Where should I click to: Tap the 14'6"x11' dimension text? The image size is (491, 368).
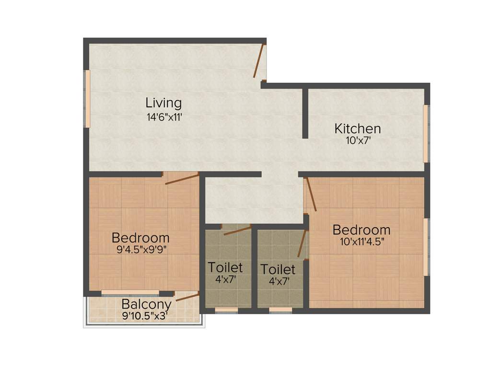164,117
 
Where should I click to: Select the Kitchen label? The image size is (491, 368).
358,128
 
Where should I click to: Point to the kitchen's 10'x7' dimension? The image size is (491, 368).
358,141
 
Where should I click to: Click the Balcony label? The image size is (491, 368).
146,304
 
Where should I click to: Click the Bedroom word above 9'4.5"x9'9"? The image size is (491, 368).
140,238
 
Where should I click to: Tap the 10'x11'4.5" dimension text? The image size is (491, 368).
362,242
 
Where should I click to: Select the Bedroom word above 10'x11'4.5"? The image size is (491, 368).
362,230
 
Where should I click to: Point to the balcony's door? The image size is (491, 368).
187,297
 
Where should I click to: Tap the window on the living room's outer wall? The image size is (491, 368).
88,99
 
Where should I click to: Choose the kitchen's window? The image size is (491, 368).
426,133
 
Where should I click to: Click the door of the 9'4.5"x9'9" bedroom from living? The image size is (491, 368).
181,179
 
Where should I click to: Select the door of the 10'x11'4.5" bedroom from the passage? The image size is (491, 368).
311,194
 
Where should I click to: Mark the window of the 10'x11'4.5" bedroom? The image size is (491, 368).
426,247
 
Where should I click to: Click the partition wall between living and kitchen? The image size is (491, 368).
305,113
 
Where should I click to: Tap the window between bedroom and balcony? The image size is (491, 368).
130,292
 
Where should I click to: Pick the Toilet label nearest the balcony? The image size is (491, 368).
225,267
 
